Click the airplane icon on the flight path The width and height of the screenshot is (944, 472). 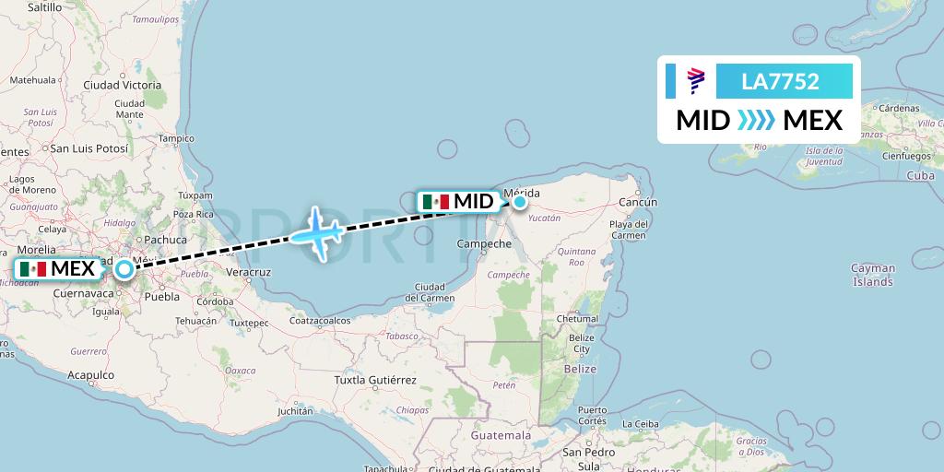(317, 233)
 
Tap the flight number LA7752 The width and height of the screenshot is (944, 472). (780, 81)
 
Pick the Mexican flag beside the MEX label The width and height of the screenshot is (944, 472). (32, 269)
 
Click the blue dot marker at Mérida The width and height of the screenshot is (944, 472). (520, 202)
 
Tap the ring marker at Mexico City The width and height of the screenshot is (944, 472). (124, 270)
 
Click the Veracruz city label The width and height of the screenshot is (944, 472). (248, 272)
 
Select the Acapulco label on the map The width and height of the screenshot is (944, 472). (90, 375)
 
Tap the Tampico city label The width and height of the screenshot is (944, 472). (176, 139)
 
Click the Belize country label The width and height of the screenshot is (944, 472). (581, 368)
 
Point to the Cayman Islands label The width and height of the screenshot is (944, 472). (872, 275)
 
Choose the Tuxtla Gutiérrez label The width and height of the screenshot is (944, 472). (375, 380)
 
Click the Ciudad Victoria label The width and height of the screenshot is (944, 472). (122, 85)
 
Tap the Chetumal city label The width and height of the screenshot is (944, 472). (577, 319)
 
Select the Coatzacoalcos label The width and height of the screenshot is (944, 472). (322, 321)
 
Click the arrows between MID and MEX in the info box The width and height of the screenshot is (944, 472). (757, 120)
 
